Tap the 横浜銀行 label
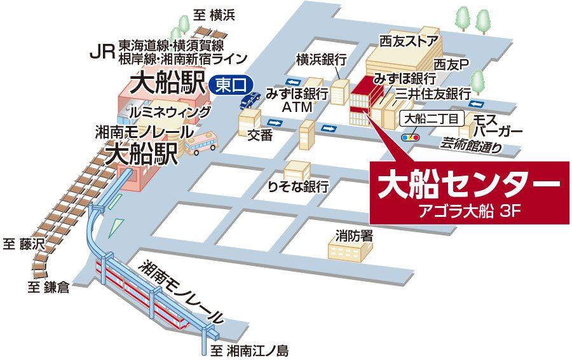click(321, 60)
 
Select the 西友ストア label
click(409, 42)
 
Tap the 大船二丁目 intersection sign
click(432, 119)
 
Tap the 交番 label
click(259, 134)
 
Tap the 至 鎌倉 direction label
click(48, 287)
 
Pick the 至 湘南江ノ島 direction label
click(250, 350)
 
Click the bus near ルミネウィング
click(200, 144)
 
